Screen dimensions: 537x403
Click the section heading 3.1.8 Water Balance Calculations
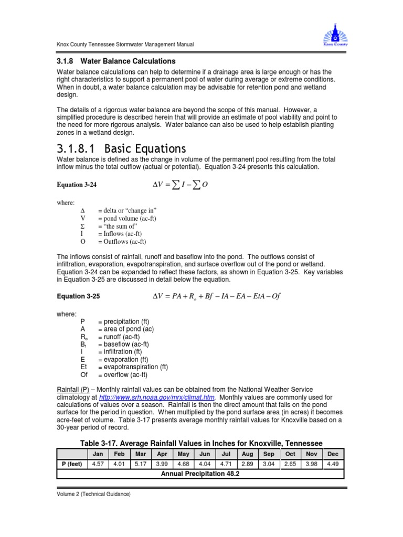point(116,61)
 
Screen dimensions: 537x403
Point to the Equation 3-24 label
point(77,185)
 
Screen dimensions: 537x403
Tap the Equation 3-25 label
point(78,296)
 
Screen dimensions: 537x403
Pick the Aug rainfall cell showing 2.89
point(247,465)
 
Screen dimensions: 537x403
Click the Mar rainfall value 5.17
point(141,465)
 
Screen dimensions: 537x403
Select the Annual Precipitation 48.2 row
point(200,474)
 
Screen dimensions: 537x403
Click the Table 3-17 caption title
point(201,443)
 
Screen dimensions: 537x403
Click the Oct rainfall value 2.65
point(290,465)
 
